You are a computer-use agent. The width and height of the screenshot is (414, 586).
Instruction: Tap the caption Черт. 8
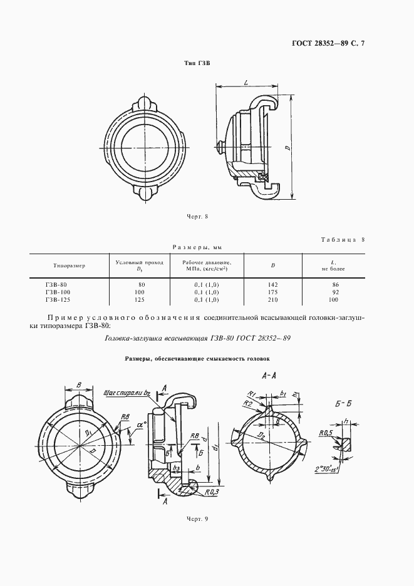197,217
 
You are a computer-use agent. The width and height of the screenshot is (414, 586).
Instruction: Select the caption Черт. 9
197,519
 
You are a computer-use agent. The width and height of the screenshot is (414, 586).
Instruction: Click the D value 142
272,285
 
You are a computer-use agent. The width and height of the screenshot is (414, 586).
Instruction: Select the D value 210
272,300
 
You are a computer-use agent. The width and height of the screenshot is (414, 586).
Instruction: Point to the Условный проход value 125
141,300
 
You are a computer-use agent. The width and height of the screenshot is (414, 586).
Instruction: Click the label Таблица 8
347,240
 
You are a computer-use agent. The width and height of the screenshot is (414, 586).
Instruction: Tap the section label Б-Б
344,405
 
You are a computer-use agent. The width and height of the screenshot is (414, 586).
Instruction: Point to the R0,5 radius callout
324,433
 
